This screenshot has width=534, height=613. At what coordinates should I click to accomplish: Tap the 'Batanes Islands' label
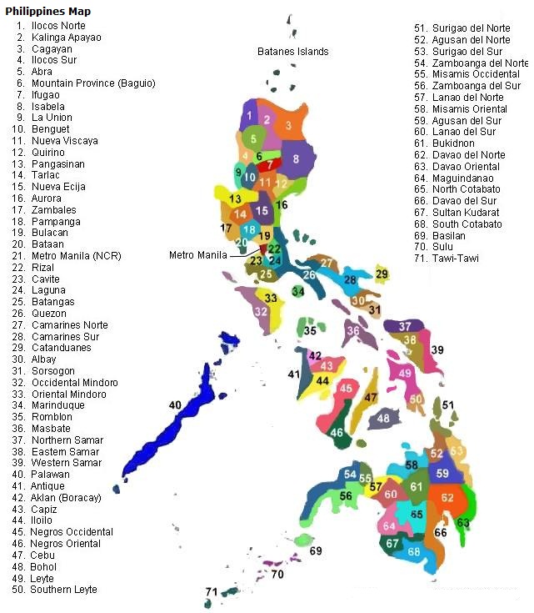click(292, 52)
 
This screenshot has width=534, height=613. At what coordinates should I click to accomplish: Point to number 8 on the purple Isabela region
click(295, 158)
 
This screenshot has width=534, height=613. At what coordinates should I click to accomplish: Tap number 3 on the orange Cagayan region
click(287, 125)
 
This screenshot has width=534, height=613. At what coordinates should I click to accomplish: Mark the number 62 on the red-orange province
click(448, 498)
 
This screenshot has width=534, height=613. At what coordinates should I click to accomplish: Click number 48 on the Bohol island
click(383, 418)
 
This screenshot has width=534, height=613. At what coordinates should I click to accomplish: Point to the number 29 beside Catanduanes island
click(382, 274)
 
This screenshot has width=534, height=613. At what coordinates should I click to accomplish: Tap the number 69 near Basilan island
click(315, 550)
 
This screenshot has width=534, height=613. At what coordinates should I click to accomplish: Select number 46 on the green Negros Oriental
click(337, 433)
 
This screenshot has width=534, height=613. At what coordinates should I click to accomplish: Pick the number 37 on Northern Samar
click(405, 325)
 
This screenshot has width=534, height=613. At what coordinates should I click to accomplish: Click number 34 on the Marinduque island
click(297, 292)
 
